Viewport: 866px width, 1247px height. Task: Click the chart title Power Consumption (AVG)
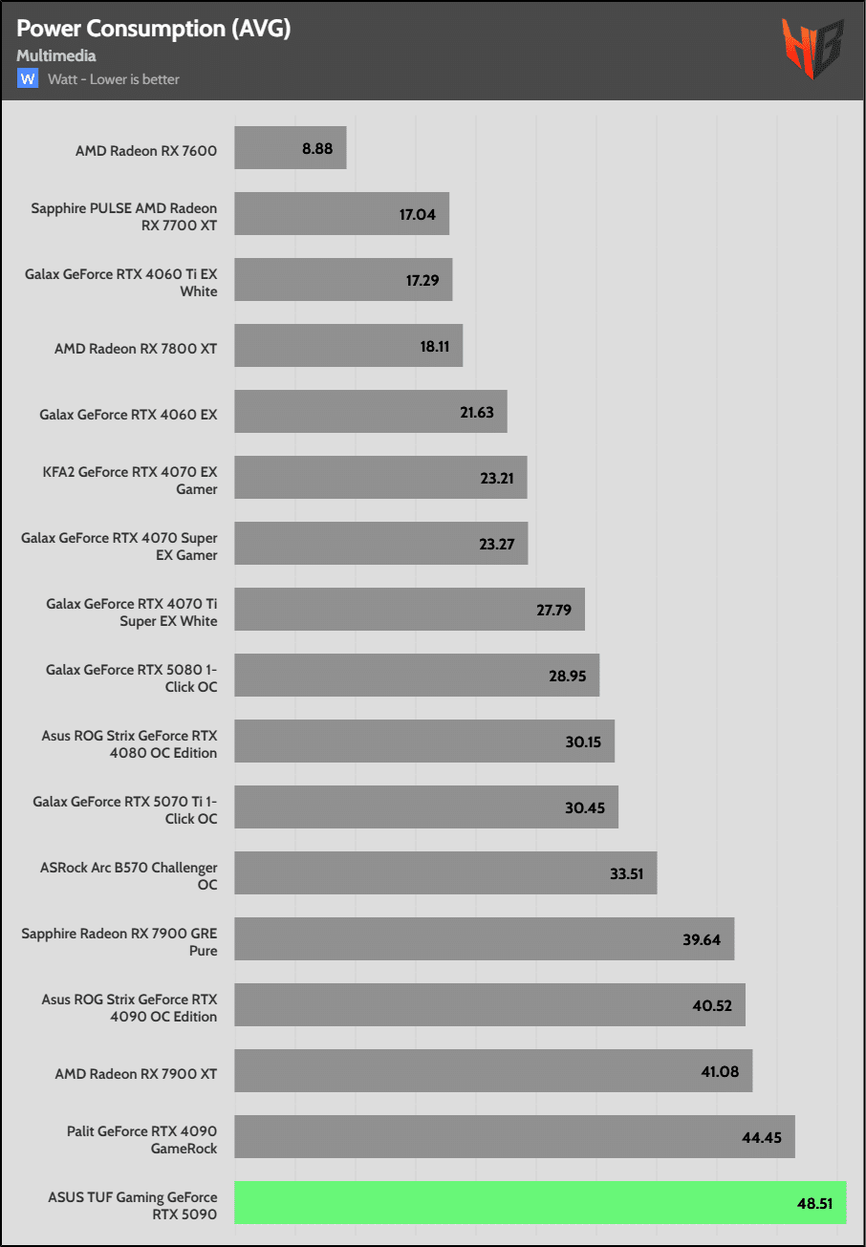[154, 29]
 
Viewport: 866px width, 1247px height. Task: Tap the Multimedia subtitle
[56, 55]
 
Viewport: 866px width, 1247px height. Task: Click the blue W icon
[27, 78]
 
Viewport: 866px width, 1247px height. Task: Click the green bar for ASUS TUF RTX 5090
[540, 1202]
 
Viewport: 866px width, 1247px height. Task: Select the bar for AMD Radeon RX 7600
[290, 148]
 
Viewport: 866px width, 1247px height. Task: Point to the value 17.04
[417, 215]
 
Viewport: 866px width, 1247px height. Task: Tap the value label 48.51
[814, 1204]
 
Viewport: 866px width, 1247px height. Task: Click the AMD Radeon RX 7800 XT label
[136, 349]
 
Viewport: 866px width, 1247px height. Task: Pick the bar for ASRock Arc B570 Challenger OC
[445, 873]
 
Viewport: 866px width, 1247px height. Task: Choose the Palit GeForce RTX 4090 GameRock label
[141, 1140]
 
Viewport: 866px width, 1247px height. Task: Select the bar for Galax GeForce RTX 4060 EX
[370, 411]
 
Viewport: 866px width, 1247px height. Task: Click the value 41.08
[720, 1072]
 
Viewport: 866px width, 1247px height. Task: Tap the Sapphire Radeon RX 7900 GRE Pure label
[119, 942]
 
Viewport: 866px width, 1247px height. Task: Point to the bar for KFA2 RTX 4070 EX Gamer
[380, 477]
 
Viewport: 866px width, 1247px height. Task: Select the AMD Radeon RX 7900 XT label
[136, 1074]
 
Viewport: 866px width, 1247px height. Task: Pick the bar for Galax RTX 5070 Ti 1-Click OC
[426, 807]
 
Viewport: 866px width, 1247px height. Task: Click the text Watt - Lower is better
[114, 79]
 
